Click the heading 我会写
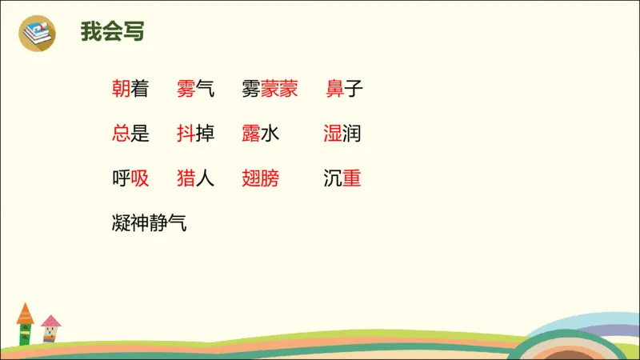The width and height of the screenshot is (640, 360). coord(112,33)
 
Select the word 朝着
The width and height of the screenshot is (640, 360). coord(130,89)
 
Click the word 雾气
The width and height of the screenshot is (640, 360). coord(196,89)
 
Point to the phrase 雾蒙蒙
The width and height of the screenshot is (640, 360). coord(270,89)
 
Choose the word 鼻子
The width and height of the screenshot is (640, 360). coord(345,89)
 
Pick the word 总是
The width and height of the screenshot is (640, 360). coord(130,134)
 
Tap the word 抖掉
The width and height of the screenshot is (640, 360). coord(196,134)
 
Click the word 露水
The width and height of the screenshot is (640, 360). coord(260,134)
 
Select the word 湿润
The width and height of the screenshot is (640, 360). coord(342,134)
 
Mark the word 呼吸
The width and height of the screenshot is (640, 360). coord(130,178)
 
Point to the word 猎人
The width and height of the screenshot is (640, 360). coord(196,178)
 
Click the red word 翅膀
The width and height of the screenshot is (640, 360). coord(260,178)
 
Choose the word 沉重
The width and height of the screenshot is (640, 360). coord(342,178)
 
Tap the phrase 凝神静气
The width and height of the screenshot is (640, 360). coord(150,223)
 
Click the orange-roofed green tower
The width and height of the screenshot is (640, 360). coord(26,324)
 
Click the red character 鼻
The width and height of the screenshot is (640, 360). coord(335,89)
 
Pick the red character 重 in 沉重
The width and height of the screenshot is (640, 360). coord(351,178)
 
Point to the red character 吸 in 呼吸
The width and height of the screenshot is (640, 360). coord(140,178)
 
